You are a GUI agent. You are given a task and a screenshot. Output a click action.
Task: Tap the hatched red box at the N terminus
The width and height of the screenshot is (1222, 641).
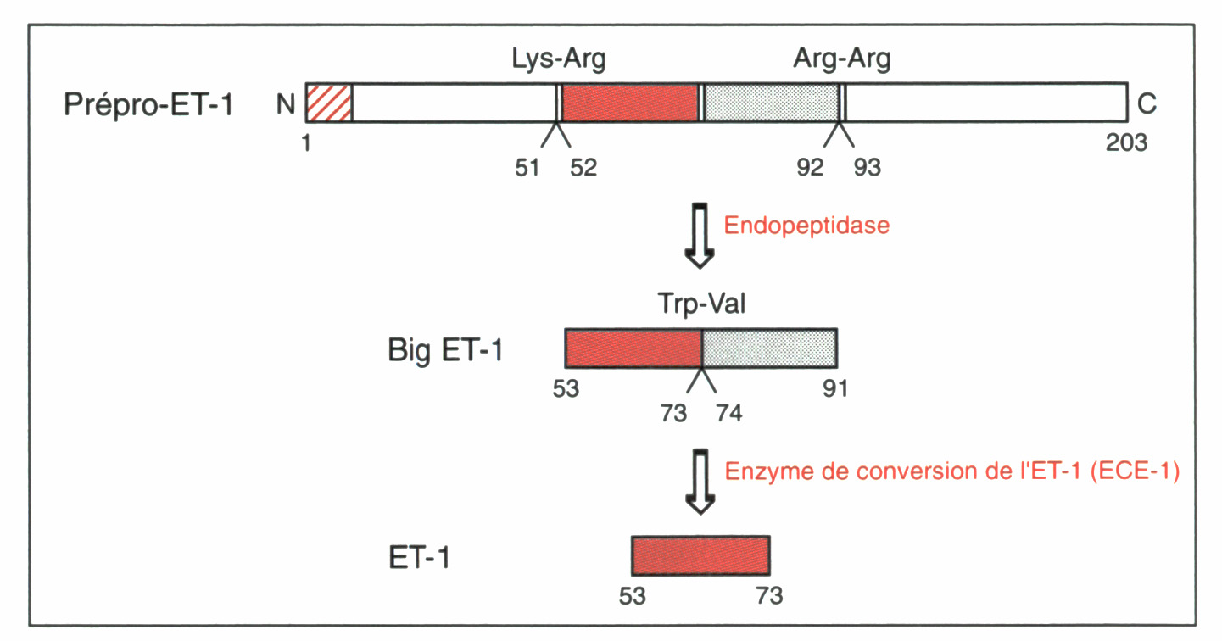tap(329, 103)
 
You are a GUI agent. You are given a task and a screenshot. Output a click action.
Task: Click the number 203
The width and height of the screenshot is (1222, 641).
tap(1126, 142)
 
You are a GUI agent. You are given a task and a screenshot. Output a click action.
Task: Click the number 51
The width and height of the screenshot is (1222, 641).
tap(527, 168)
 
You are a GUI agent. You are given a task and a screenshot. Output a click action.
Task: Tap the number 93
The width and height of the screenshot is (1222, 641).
tap(868, 168)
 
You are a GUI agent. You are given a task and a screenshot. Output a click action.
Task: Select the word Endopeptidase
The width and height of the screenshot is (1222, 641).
tap(806, 227)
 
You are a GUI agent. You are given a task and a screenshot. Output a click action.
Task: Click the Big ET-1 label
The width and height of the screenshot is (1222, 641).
tap(445, 349)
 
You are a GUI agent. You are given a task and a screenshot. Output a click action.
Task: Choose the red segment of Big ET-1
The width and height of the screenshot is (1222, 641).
tap(633, 348)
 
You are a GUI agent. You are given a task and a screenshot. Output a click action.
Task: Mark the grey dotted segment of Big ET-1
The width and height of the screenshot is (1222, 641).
tap(769, 348)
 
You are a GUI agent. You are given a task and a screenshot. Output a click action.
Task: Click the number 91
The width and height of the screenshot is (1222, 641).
tap(834, 389)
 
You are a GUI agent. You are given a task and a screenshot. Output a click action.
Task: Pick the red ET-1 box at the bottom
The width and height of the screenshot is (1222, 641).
tap(700, 555)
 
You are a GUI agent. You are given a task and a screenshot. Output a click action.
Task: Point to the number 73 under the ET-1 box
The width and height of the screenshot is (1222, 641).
tap(770, 596)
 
